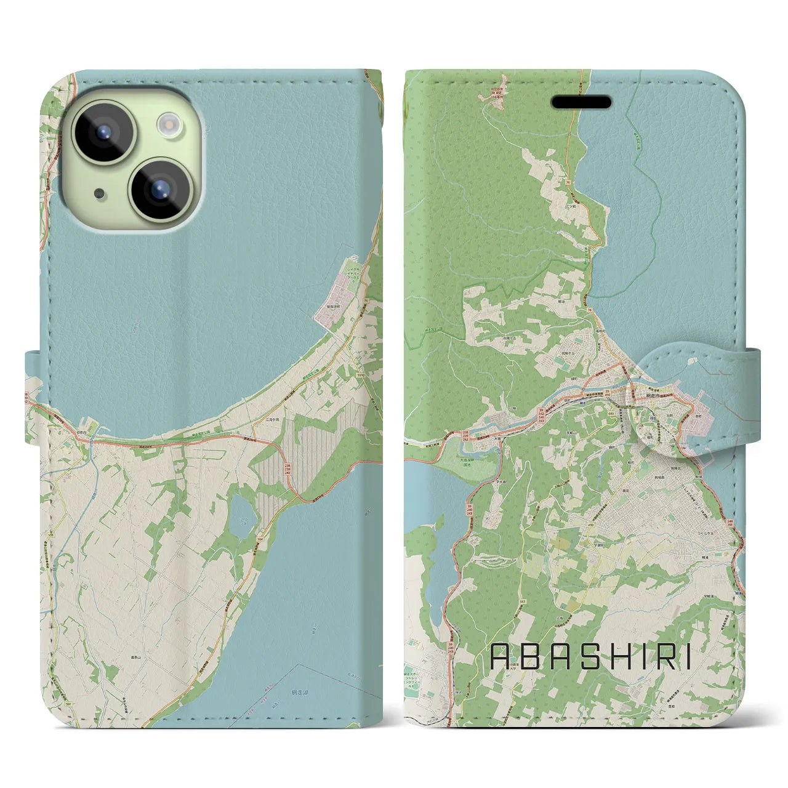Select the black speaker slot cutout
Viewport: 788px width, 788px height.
pyautogui.click(x=581, y=102)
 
